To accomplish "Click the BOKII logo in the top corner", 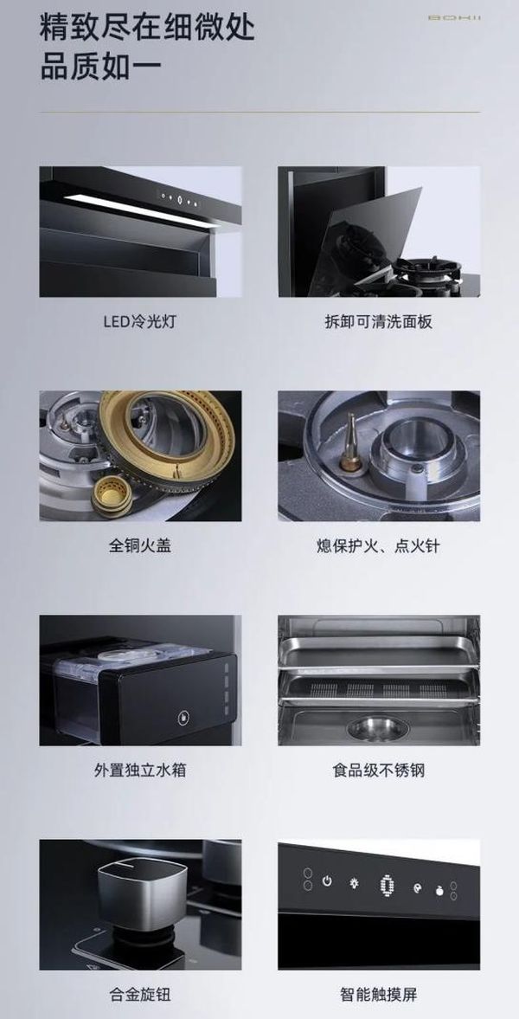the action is click(x=455, y=17).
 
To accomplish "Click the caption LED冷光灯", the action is click(x=139, y=321).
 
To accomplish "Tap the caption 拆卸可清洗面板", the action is click(x=379, y=321).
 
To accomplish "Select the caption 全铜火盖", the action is click(x=139, y=545).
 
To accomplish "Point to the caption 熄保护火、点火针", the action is click(x=378, y=545).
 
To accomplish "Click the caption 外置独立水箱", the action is click(x=139, y=771).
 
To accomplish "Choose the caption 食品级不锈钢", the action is click(x=379, y=771).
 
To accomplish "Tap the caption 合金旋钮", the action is click(x=139, y=994).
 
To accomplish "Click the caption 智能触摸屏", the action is click(x=379, y=994).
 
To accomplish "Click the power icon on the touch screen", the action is click(x=327, y=882).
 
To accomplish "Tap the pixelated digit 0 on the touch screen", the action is click(x=385, y=885).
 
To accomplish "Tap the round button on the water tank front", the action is click(x=184, y=718).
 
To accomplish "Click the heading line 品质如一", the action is click(x=101, y=67).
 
